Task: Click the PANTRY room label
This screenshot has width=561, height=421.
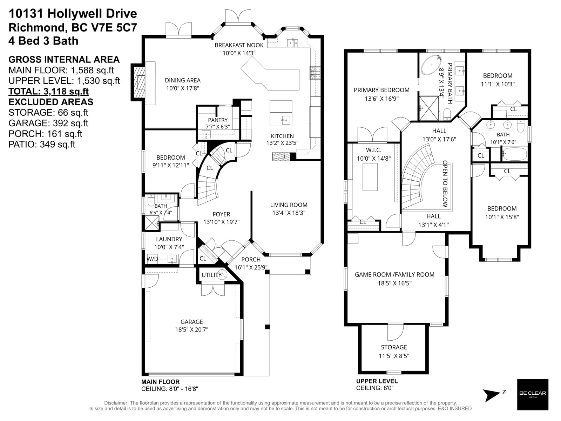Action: coord(217,120)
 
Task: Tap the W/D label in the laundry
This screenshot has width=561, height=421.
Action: coord(152,259)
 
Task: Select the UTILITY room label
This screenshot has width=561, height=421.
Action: coord(211,275)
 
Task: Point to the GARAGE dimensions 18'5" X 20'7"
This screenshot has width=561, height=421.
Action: coord(191,329)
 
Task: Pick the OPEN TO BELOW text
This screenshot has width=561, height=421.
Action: coord(445,183)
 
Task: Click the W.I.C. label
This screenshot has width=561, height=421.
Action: coord(373,150)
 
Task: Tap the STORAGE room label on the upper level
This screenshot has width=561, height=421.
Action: coord(394,347)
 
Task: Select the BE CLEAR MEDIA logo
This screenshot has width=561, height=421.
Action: coord(533,394)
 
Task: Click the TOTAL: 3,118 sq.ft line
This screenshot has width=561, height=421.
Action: coord(48,91)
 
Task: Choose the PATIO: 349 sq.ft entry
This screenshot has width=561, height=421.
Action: coord(42,144)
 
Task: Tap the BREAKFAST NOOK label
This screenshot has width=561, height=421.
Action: coord(239,45)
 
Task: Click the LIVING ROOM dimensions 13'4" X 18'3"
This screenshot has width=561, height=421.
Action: coord(289,213)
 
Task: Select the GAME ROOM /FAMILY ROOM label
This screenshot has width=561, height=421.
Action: coord(394,275)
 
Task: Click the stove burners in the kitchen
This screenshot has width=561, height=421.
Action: coord(315,73)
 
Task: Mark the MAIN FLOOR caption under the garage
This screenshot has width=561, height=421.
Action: coord(161,382)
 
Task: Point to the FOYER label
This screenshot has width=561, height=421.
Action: coord(221,214)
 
